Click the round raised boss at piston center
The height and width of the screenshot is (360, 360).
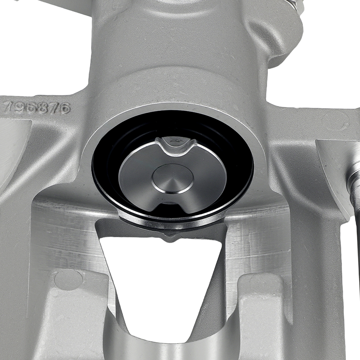pyautogui.click(x=172, y=179)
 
